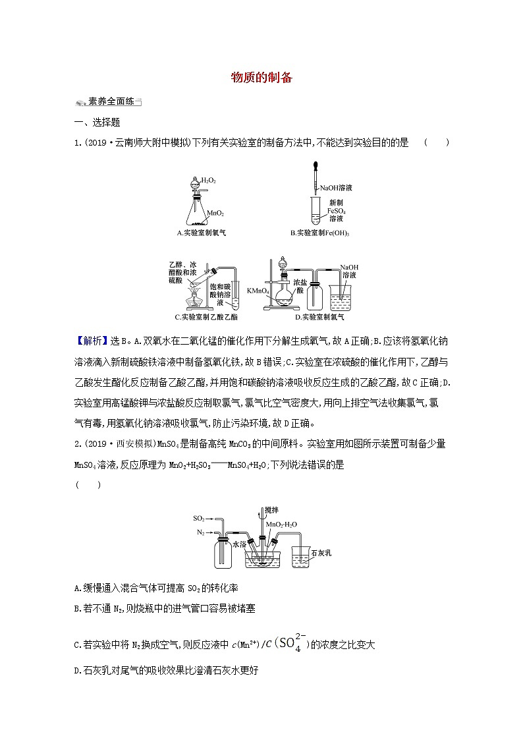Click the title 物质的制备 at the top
(x=261, y=77)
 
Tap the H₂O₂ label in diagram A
(x=209, y=180)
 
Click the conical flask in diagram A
(x=196, y=212)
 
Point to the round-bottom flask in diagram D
(x=283, y=297)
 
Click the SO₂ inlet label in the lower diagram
(x=199, y=519)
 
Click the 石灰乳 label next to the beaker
(x=321, y=552)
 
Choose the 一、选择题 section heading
(x=97, y=123)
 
